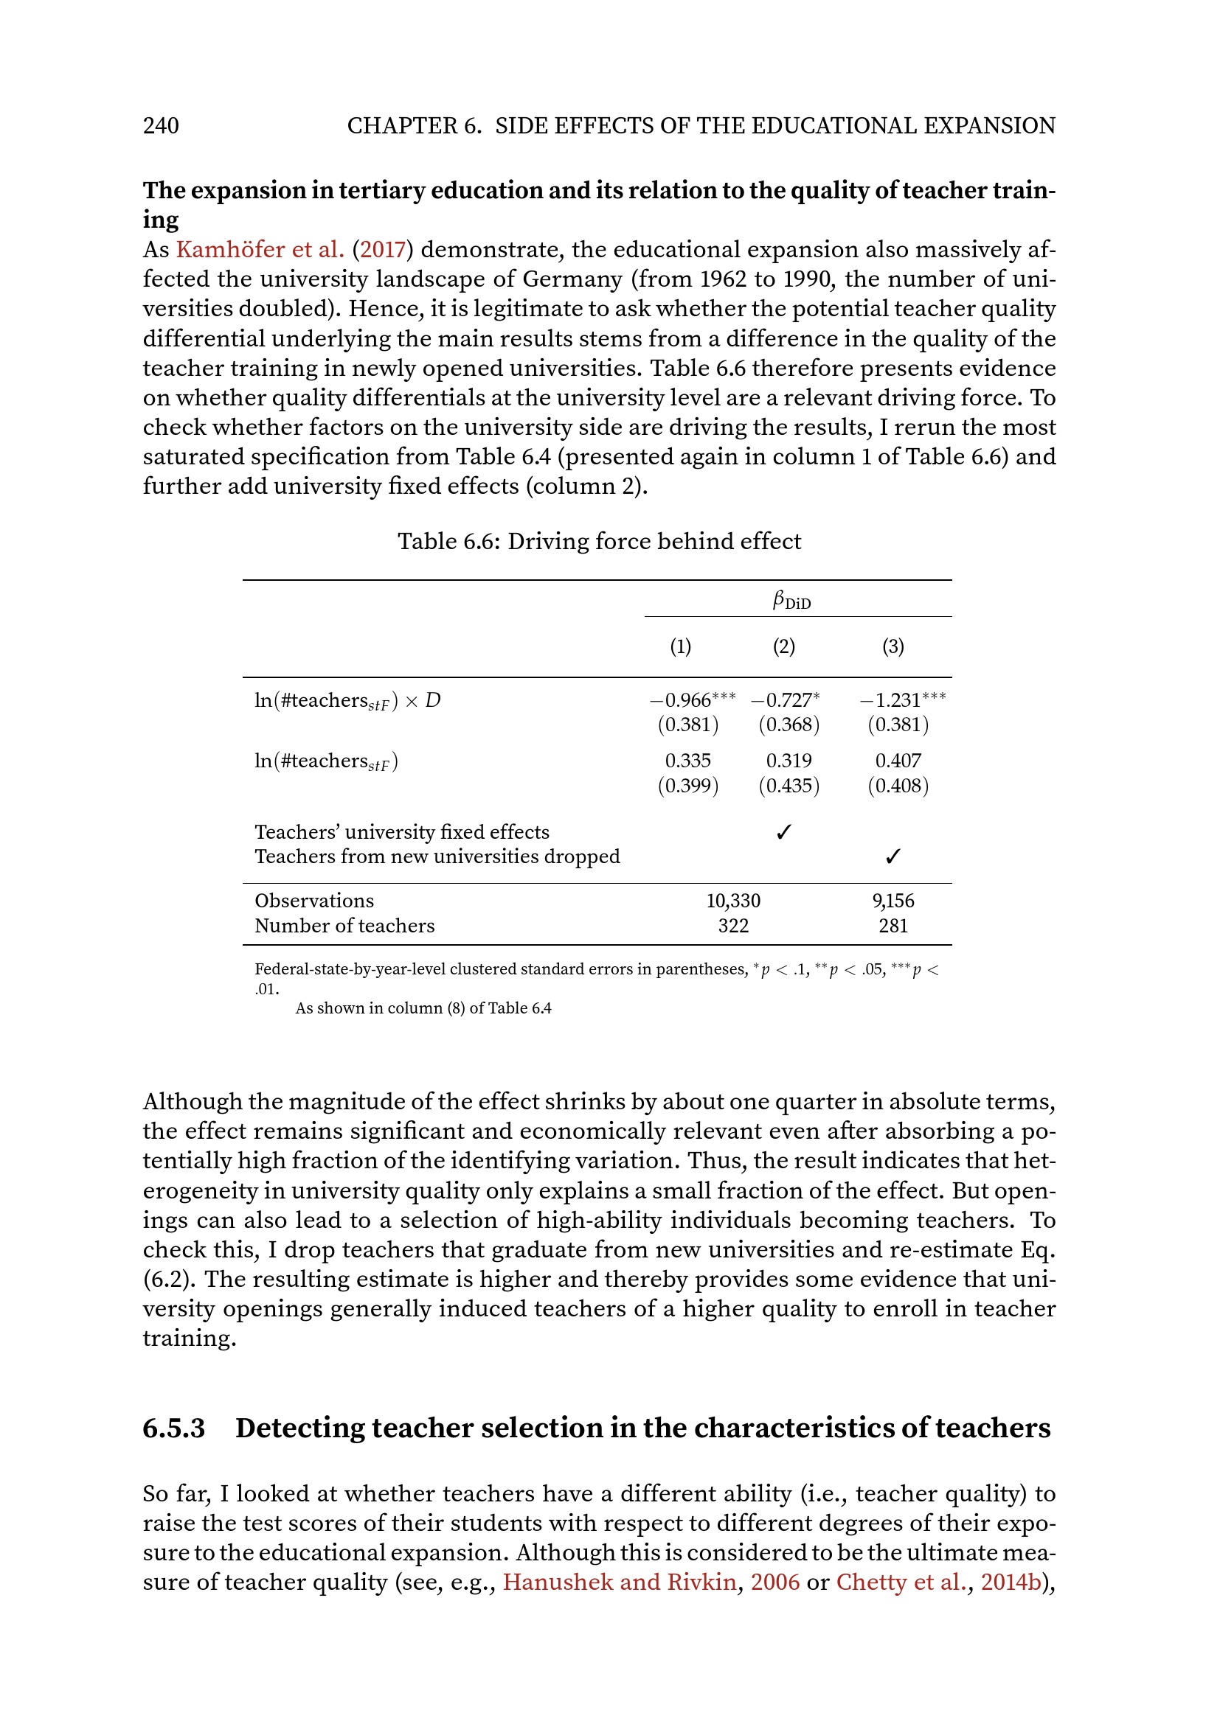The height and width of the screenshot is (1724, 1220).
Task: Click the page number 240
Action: [161, 125]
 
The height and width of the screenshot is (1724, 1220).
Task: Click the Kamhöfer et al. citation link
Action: [260, 249]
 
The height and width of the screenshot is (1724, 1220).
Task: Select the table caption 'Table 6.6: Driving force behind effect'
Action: [599, 542]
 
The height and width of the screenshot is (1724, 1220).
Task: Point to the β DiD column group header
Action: [791, 601]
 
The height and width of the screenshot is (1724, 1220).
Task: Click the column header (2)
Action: [783, 646]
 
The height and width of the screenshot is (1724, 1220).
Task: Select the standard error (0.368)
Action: [789, 725]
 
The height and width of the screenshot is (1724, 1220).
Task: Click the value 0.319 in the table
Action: [789, 761]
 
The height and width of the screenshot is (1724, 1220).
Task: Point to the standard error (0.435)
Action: [789, 786]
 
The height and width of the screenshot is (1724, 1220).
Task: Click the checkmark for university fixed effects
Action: [783, 832]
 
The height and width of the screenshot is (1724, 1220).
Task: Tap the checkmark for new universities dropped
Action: [893, 856]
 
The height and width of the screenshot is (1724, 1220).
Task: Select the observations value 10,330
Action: [733, 901]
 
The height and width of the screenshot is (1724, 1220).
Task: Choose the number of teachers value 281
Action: [893, 926]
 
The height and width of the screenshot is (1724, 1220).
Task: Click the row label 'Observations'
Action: [314, 901]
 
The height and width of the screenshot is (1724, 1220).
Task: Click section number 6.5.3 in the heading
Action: [173, 1428]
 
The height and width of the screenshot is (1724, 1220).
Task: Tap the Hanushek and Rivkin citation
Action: [619, 1582]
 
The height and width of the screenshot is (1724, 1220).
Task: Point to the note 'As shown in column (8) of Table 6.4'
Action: [423, 1008]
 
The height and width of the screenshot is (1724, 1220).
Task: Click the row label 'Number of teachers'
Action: [344, 926]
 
